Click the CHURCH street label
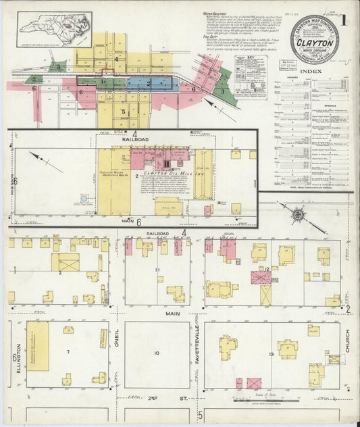(x=349, y=345)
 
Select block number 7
(x=68, y=352)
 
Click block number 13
(x=271, y=354)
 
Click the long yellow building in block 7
(x=37, y=346)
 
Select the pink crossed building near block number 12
(x=261, y=276)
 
